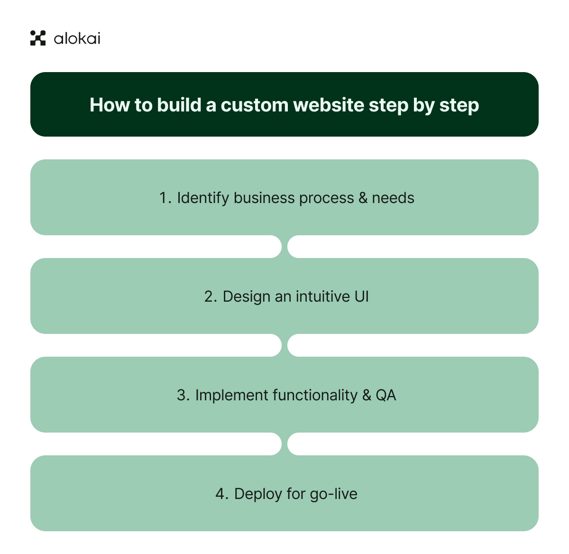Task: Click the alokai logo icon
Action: (x=38, y=38)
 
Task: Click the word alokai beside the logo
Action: (x=77, y=38)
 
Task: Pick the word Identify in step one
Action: (x=203, y=198)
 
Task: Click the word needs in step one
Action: (x=393, y=198)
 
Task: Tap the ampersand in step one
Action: (x=363, y=198)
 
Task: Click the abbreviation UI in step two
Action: (x=361, y=296)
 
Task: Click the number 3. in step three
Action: (x=183, y=395)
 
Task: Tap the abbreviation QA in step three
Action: (x=386, y=395)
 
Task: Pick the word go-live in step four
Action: (x=333, y=494)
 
